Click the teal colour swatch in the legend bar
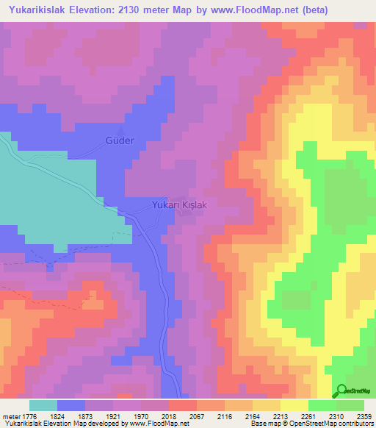click(x=43, y=405)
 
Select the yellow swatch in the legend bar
click(x=294, y=405)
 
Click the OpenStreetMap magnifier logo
click(x=341, y=391)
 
